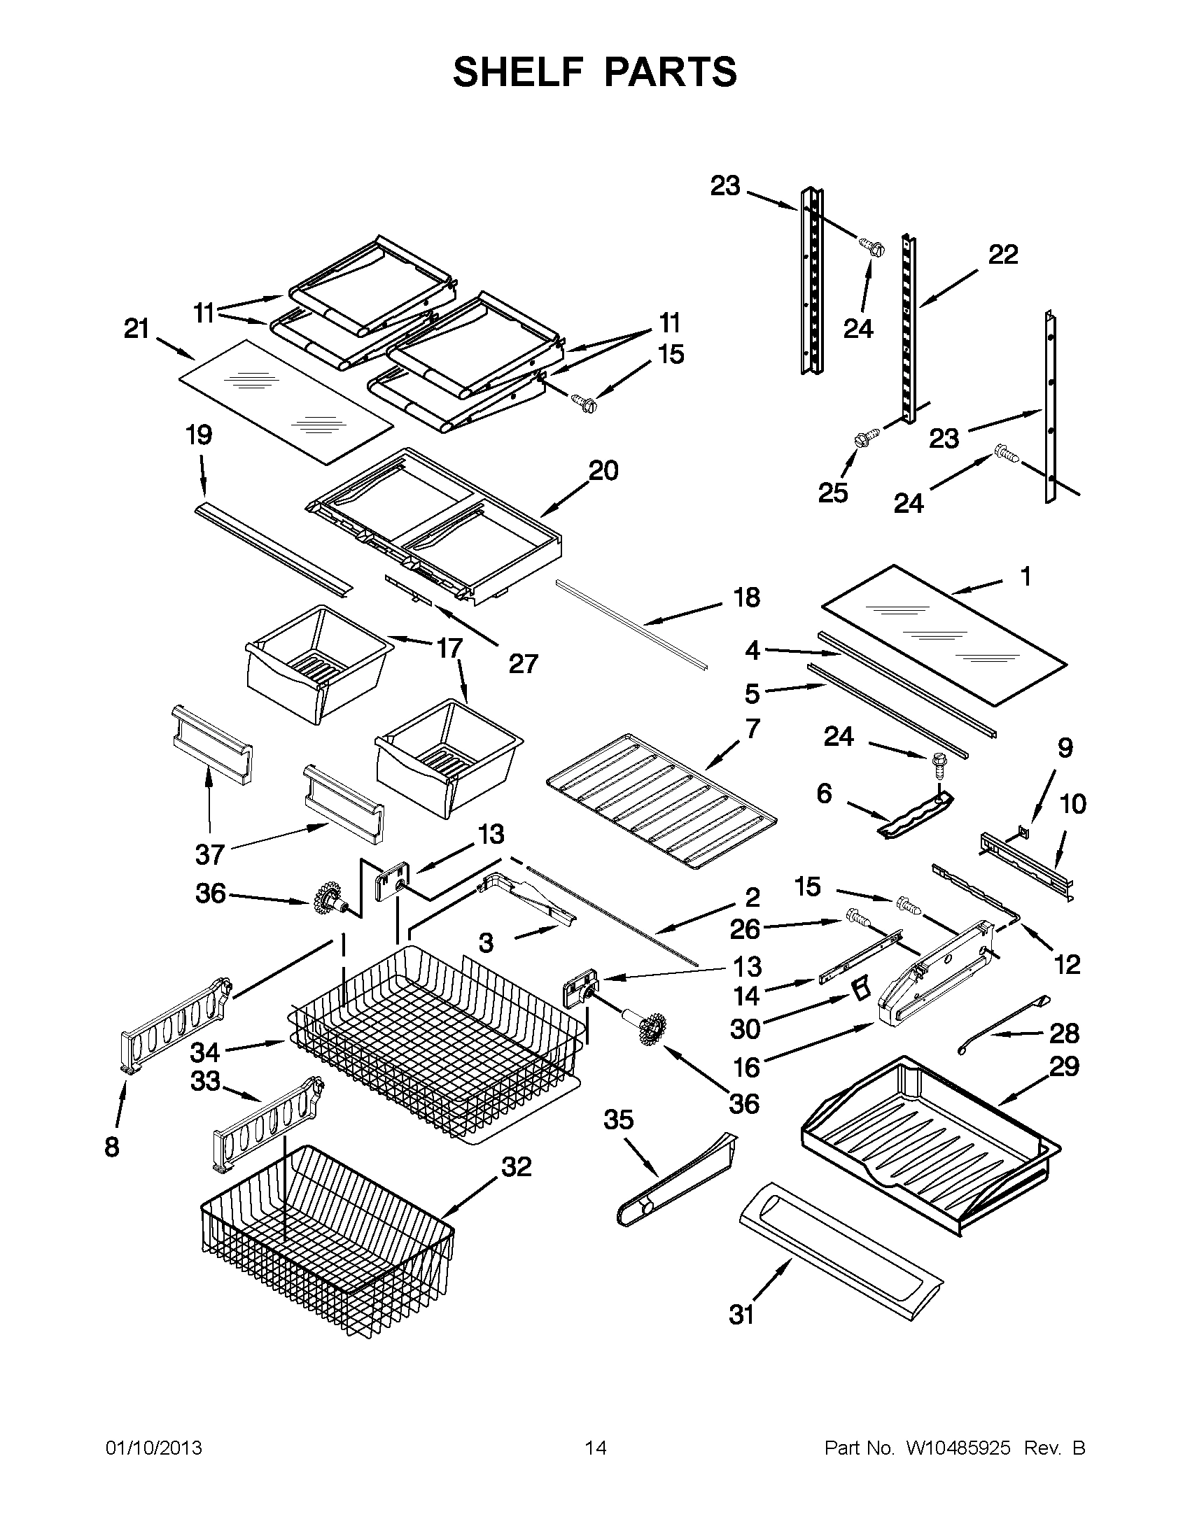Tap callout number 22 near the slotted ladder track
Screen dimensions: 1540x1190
point(1003,255)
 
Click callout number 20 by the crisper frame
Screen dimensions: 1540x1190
point(603,470)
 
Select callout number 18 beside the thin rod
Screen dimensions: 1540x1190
point(747,598)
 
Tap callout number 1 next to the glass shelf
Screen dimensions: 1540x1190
point(1025,577)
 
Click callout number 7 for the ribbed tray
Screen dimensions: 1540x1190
point(752,728)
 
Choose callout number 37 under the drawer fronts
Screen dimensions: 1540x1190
point(209,854)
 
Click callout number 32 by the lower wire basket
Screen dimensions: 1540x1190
point(516,1167)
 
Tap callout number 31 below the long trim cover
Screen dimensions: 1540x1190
point(741,1315)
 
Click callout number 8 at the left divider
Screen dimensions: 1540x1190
point(112,1147)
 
